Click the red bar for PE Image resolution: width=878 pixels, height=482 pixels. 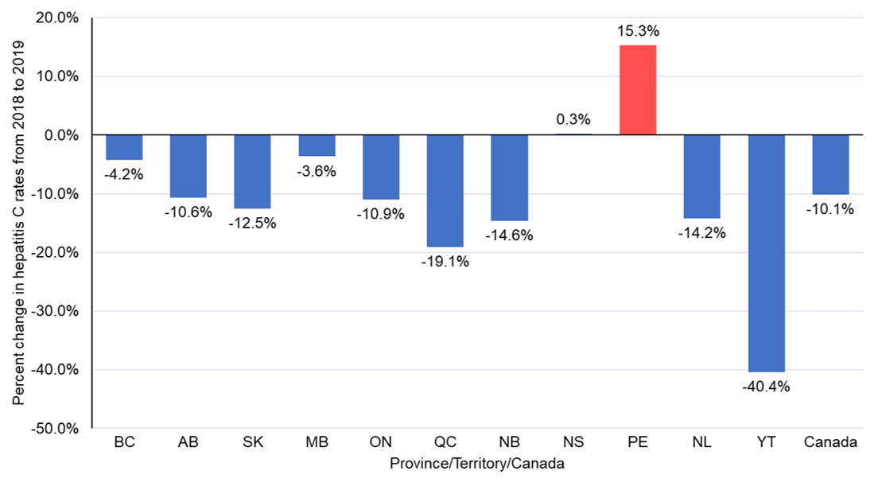pyautogui.click(x=637, y=90)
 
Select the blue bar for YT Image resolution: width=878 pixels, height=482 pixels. pyautogui.click(x=766, y=253)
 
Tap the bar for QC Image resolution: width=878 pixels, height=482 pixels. pyautogui.click(x=445, y=191)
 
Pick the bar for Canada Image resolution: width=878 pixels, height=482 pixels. pyautogui.click(x=830, y=165)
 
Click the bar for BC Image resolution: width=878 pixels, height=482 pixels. pyautogui.click(x=124, y=147)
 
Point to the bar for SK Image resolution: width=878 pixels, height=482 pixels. pyautogui.click(x=253, y=171)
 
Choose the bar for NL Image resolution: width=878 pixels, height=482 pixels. pyautogui.click(x=701, y=177)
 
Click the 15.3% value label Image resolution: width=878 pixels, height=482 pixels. pyautogui.click(x=639, y=31)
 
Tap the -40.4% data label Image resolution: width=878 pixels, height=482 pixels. pyautogui.click(x=766, y=387)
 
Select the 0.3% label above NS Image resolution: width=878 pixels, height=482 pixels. pyautogui.click(x=573, y=119)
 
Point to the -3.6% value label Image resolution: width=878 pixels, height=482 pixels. pyautogui.click(x=317, y=171)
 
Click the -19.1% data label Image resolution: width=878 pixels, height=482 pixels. pyautogui.click(x=445, y=262)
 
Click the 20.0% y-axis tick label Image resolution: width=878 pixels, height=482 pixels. pyautogui.click(x=57, y=18)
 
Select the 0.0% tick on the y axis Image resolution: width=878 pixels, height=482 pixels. pyautogui.click(x=60, y=135)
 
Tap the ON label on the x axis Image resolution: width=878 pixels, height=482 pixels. pyautogui.click(x=381, y=442)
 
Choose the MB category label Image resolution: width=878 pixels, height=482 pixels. pyautogui.click(x=317, y=442)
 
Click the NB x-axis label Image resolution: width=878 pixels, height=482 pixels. pyautogui.click(x=509, y=442)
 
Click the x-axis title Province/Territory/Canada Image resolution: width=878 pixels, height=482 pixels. pyautogui.click(x=477, y=464)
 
